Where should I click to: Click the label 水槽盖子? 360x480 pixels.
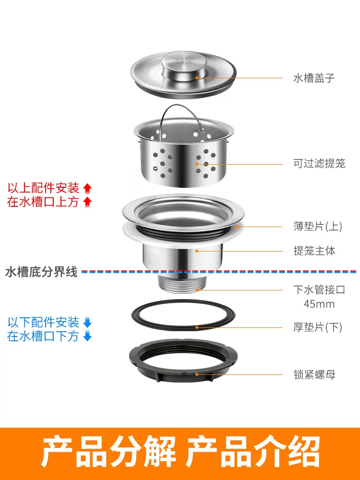[314, 78]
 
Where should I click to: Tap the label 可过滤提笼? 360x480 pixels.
[319, 164]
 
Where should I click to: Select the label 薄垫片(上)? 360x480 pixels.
[318, 226]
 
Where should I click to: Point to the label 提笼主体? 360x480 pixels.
[314, 251]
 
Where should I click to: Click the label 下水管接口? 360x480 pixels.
[319, 289]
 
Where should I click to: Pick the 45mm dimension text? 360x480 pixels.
[319, 304]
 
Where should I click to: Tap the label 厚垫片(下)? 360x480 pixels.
[318, 327]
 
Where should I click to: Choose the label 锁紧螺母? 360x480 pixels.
[314, 374]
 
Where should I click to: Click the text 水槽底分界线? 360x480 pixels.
[41, 272]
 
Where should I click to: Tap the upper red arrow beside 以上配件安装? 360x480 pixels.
[87, 188]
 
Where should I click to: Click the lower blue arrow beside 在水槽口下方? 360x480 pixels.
[87, 336]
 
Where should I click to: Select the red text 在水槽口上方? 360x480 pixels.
[43, 202]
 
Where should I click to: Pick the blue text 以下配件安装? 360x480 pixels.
[43, 323]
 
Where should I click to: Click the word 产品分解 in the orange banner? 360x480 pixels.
[109, 452]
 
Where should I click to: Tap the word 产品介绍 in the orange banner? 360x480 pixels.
[253, 452]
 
